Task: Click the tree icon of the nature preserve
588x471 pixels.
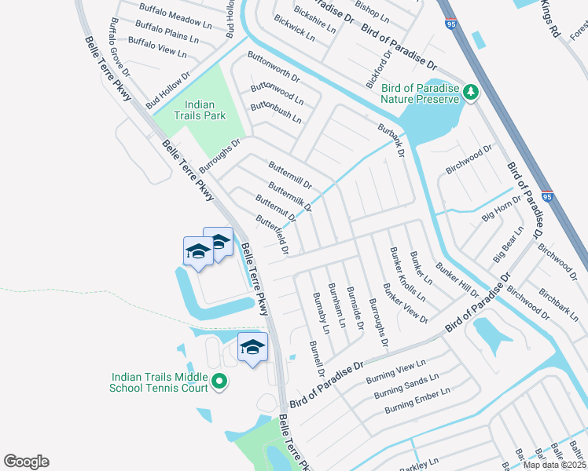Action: (471, 93)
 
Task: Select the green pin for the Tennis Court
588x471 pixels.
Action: (219, 382)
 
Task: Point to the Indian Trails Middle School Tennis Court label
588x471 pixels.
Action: (160, 382)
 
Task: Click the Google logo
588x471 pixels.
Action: (26, 462)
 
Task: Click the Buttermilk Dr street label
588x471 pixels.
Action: (290, 198)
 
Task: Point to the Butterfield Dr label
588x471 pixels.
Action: (274, 235)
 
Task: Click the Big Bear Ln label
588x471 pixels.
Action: (508, 245)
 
